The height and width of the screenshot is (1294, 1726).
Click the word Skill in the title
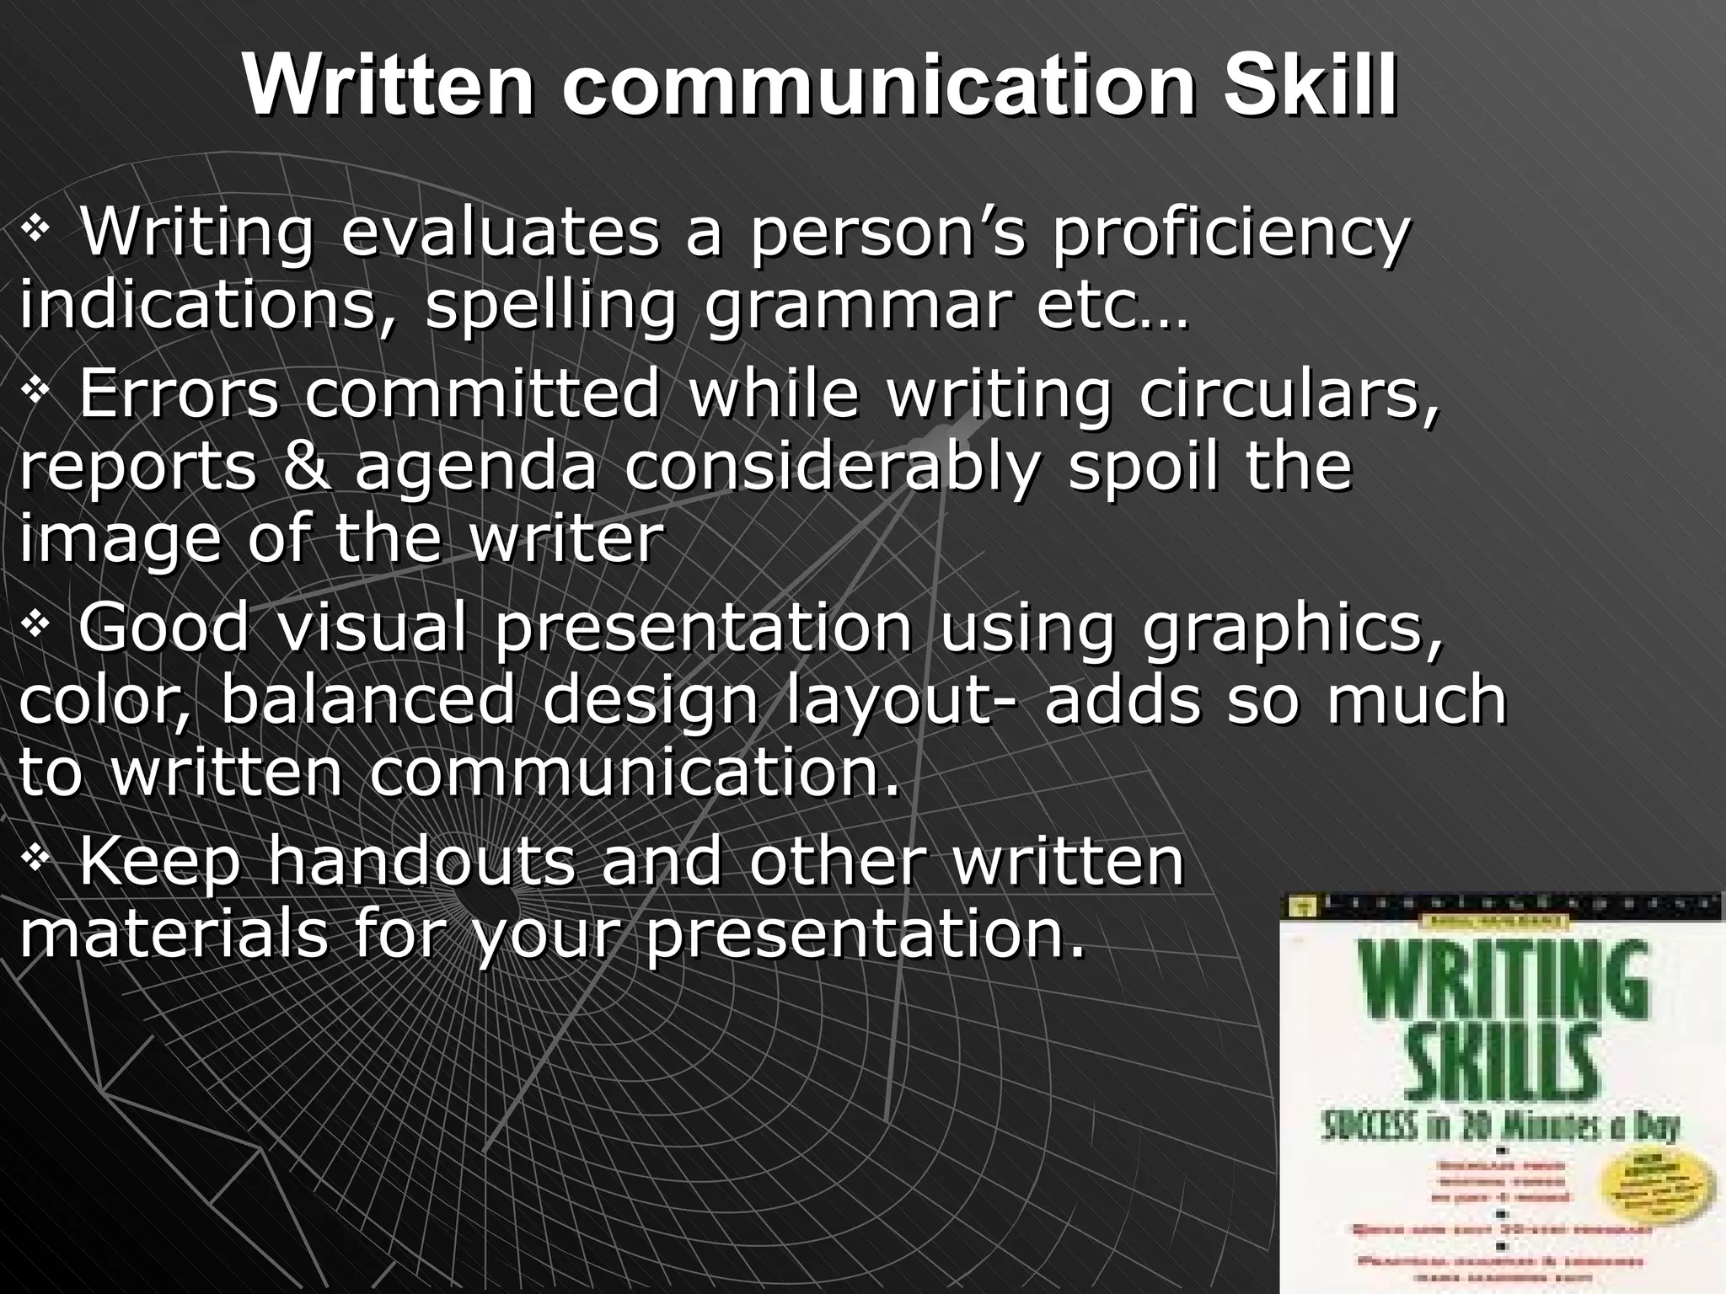(1309, 87)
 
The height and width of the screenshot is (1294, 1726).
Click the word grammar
(855, 306)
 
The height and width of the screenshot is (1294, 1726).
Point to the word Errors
(178, 393)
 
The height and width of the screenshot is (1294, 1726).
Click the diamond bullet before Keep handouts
(36, 860)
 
